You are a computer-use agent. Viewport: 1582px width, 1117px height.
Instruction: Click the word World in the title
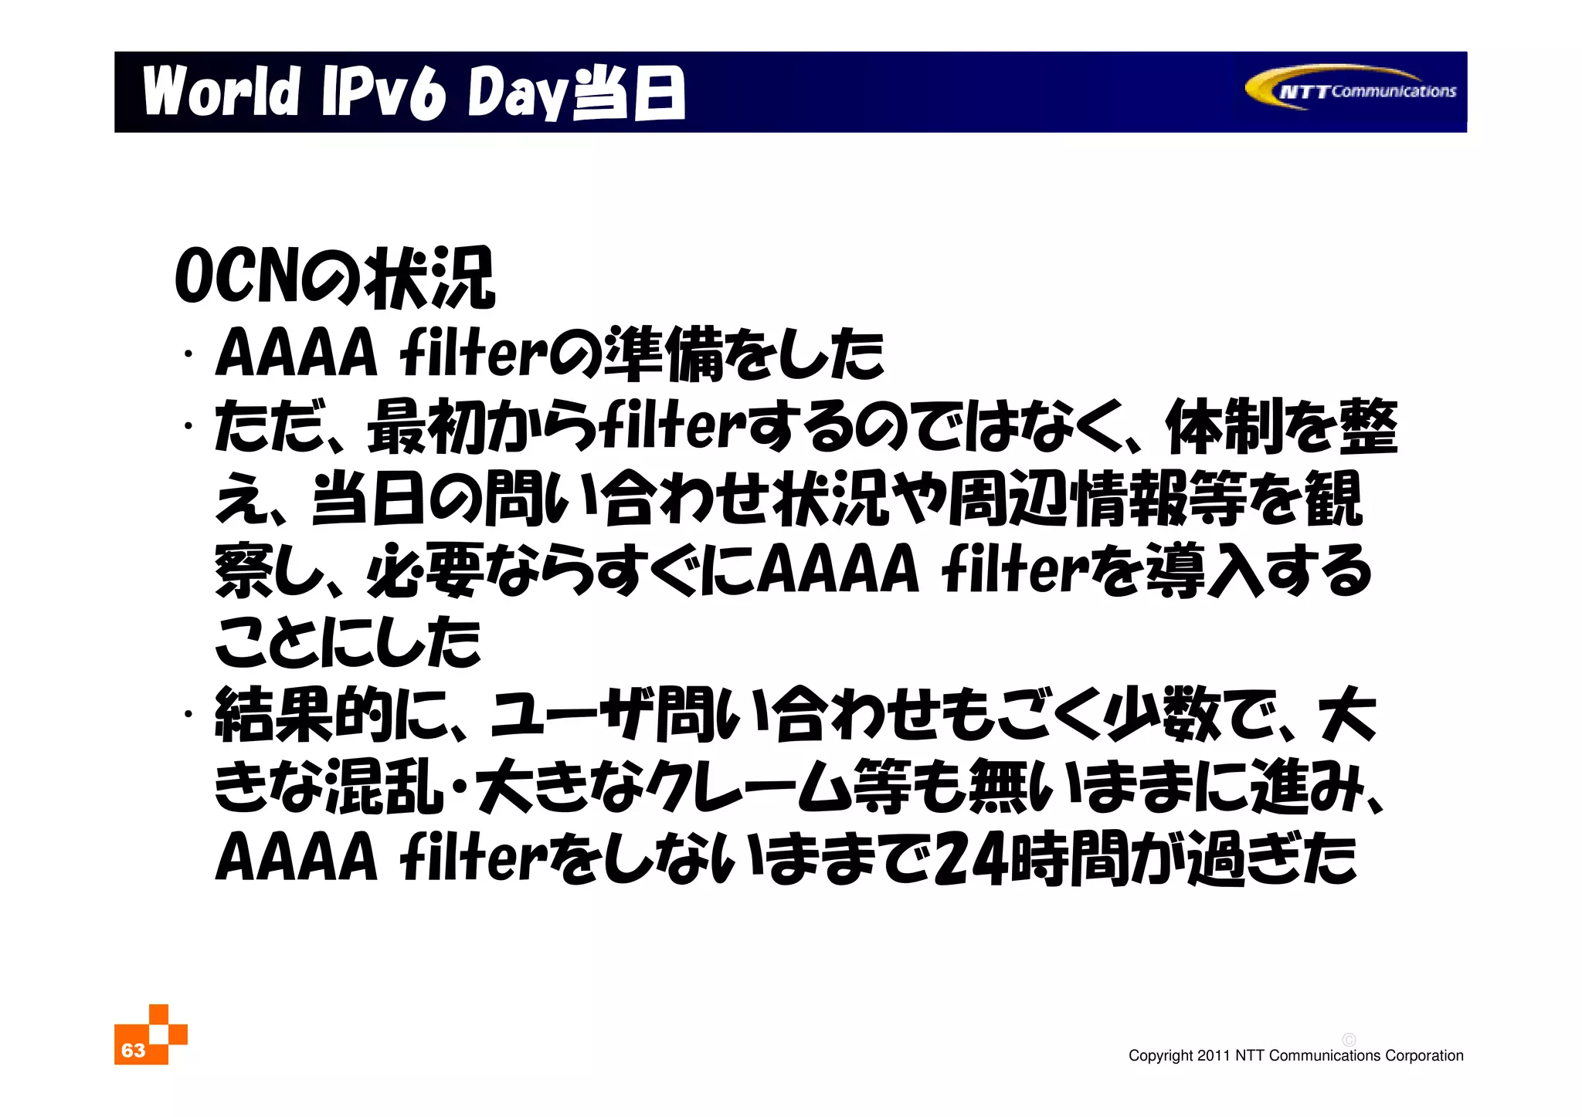[221, 92]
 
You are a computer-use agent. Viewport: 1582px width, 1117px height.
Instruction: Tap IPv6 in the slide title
[384, 93]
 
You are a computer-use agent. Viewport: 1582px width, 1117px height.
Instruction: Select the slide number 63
[133, 1050]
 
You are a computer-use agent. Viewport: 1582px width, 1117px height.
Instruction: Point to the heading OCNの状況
[334, 278]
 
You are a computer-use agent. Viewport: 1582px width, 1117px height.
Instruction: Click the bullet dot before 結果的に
[188, 714]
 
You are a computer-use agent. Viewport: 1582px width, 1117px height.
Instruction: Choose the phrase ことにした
[348, 642]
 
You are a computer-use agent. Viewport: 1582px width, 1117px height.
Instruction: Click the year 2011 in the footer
[1213, 1055]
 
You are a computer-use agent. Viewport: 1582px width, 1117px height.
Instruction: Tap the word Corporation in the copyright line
[1424, 1055]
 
